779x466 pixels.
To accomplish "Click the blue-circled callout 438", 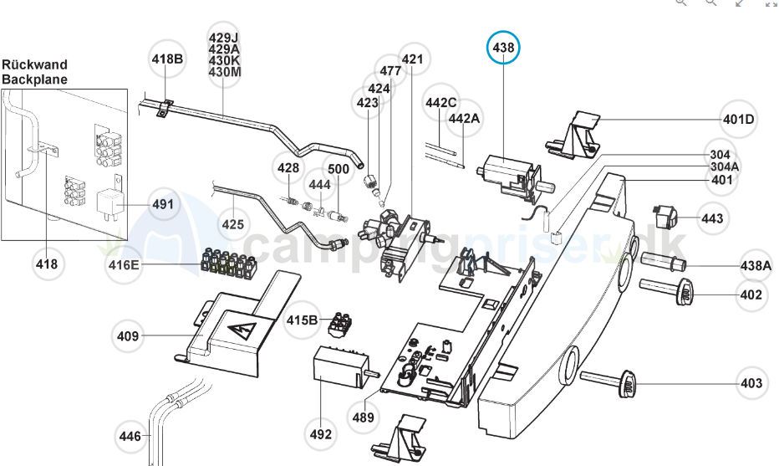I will [503, 49].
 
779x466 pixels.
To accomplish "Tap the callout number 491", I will [162, 204].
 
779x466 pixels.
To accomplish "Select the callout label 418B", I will [167, 59].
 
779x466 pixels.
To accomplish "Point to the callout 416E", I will [124, 267].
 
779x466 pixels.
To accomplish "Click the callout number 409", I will [128, 337].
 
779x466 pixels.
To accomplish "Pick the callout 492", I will [321, 434].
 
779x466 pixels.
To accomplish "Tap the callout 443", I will [712, 218].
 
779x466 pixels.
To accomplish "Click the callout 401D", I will [739, 119].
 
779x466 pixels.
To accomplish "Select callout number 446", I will [130, 436].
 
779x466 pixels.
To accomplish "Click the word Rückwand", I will [34, 64].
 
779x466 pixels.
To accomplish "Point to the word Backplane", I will [34, 79].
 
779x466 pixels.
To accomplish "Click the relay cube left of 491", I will [109, 202].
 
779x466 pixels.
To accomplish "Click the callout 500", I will [339, 169].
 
